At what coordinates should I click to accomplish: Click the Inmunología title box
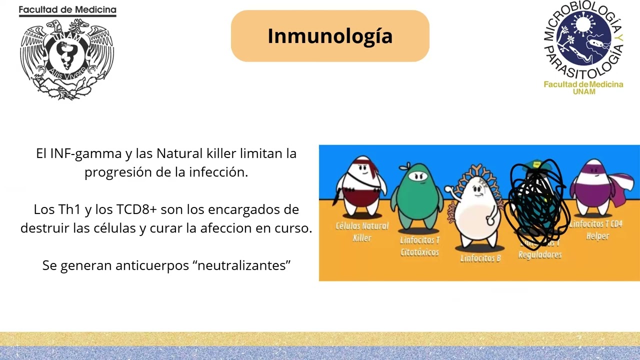[x=330, y=36]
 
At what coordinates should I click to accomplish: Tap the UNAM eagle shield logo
[x=67, y=58]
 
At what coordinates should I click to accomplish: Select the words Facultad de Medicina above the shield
[x=67, y=10]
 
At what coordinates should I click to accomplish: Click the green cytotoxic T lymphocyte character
[x=416, y=195]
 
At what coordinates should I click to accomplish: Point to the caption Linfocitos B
[x=480, y=258]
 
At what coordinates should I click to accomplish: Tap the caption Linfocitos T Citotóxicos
[x=419, y=246]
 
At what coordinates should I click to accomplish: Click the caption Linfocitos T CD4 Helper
[x=596, y=230]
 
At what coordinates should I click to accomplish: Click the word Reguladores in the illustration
[x=540, y=255]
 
